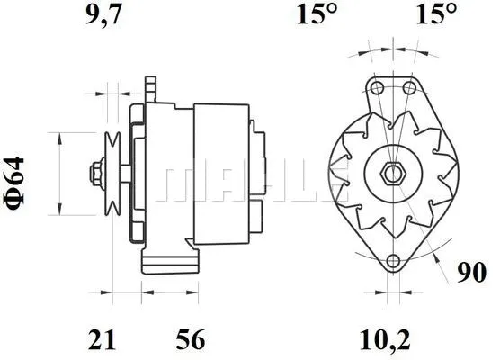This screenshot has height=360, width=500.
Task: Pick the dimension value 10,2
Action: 390,339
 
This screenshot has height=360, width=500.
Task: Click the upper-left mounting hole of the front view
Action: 377,87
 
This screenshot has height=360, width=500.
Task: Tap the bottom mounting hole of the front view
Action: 393,262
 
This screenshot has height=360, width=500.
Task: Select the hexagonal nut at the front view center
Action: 393,173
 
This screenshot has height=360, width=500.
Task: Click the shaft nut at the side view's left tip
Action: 93,172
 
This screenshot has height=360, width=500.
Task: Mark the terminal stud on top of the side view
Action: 151,88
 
